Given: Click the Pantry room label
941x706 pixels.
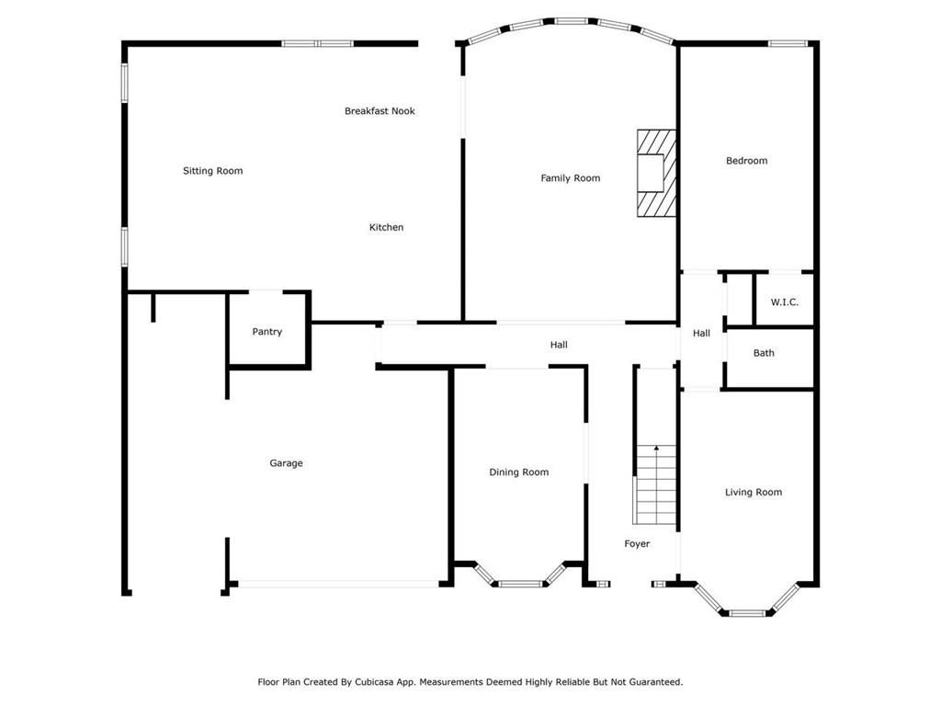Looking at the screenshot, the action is (x=267, y=331).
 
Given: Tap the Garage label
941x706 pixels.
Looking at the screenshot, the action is (x=287, y=463).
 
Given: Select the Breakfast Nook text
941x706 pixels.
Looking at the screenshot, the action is (x=380, y=111).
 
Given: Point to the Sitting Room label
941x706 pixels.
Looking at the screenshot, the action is (x=213, y=171).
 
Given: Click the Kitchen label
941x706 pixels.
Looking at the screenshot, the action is (x=387, y=227).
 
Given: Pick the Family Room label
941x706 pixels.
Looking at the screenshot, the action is (x=571, y=178).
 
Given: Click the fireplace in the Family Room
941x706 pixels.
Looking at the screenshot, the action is (x=656, y=173).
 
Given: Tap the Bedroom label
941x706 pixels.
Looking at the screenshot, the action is (x=746, y=160).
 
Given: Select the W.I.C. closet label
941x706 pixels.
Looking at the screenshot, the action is (x=785, y=302).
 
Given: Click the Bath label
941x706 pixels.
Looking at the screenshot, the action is (x=764, y=353).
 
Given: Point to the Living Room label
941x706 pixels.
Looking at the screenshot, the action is (x=754, y=493).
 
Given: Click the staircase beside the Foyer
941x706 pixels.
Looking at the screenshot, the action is (x=656, y=484).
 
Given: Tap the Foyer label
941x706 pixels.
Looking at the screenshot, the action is (x=638, y=544).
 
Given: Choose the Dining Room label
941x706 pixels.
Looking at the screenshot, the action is (x=519, y=473).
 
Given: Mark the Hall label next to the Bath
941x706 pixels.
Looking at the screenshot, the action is (x=701, y=333).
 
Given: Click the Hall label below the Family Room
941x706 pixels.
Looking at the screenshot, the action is (x=559, y=345).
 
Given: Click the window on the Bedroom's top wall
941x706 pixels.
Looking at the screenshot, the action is (x=788, y=43).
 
